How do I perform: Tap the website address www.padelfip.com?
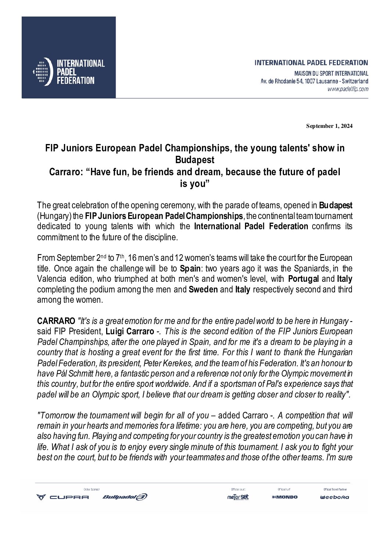click(347, 89)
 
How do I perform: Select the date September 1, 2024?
click(329, 126)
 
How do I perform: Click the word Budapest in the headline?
click(195, 160)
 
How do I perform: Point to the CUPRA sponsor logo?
click(62, 497)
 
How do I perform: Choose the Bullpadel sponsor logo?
click(125, 497)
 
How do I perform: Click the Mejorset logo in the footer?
click(238, 497)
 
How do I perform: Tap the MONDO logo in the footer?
click(285, 497)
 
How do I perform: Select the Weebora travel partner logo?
click(334, 497)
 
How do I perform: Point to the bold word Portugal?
click(303, 279)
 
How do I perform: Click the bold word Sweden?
click(203, 290)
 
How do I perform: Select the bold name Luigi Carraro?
click(130, 331)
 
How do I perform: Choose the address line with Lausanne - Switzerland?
click(314, 81)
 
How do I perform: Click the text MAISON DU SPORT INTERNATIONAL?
click(331, 73)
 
